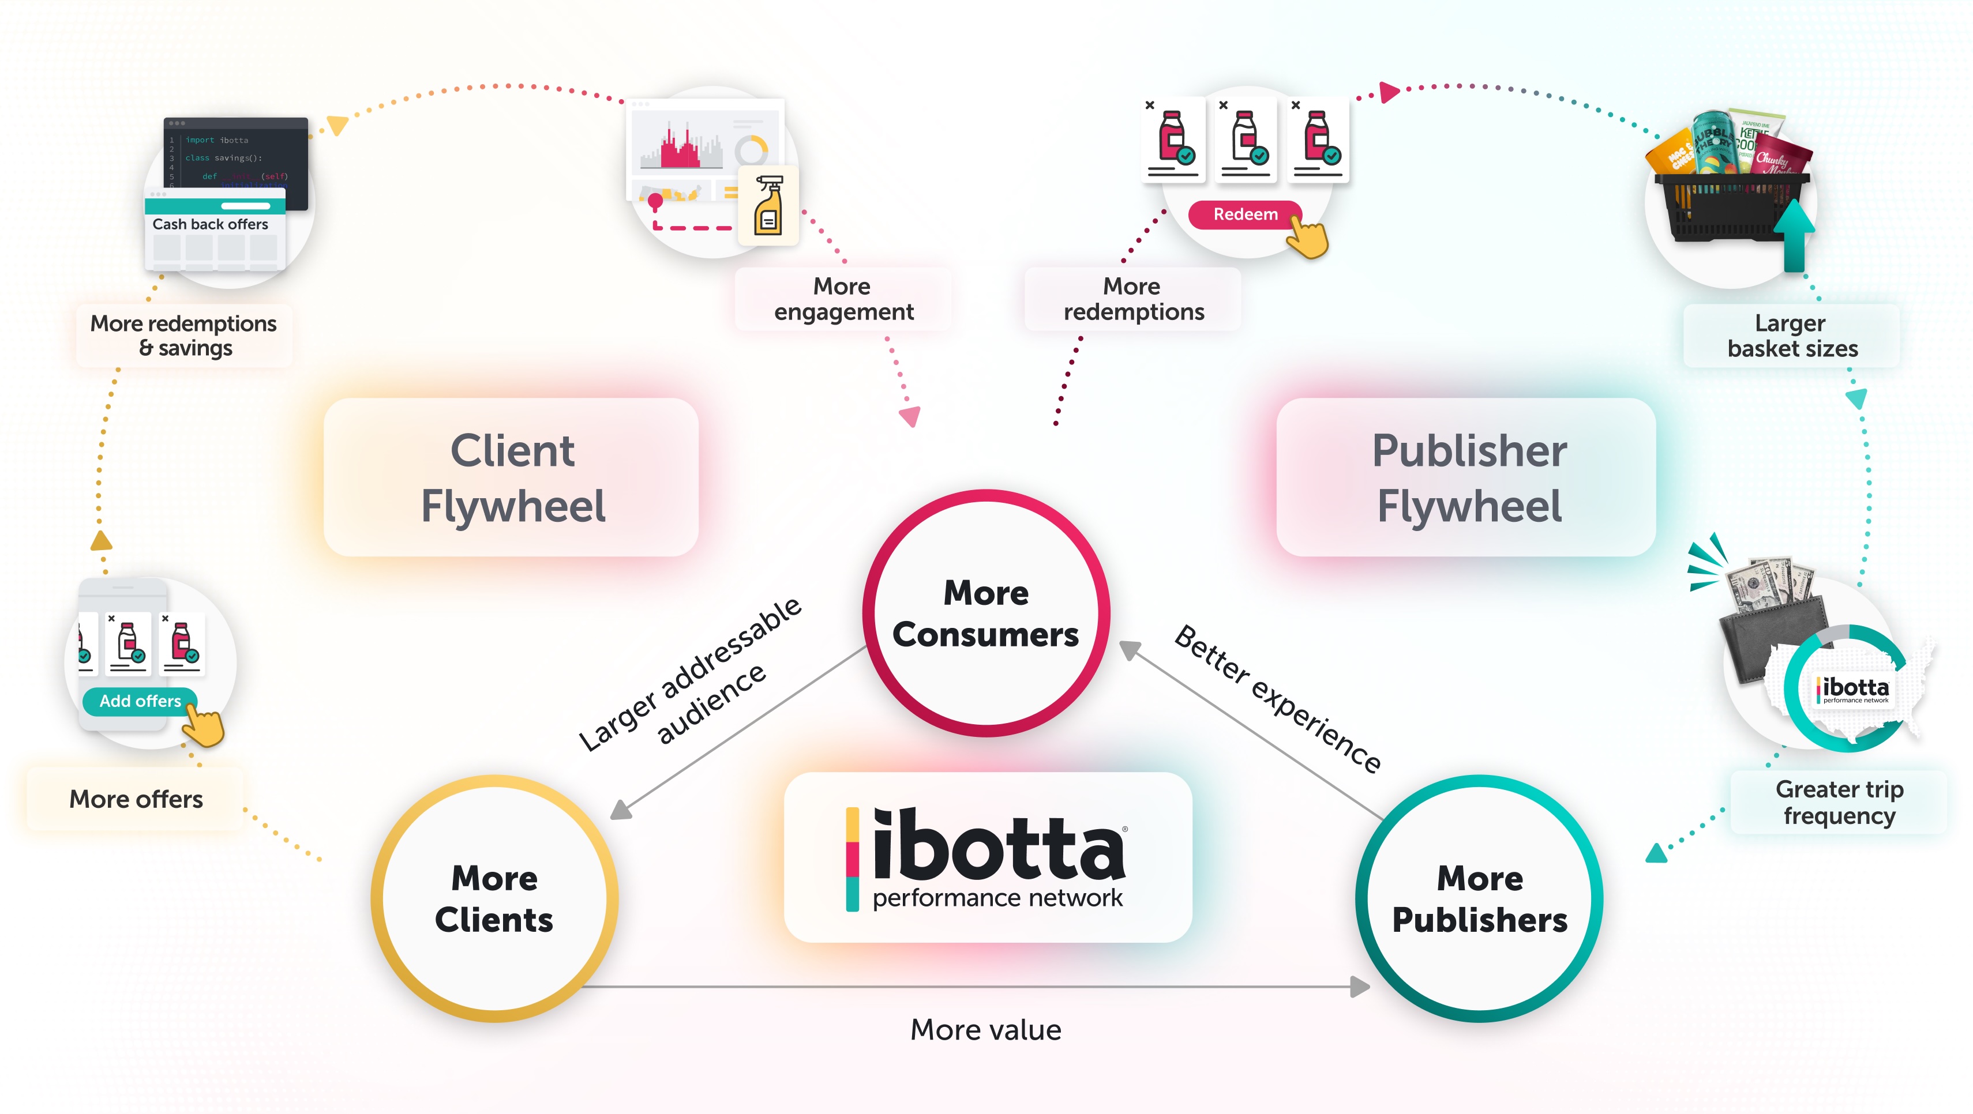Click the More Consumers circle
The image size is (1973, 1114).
986,614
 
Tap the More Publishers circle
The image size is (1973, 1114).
1479,898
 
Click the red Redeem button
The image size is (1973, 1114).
1244,214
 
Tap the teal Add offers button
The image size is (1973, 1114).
140,701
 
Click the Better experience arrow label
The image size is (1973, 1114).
1278,698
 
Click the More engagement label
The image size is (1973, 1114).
842,299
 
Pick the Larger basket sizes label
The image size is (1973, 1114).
1791,336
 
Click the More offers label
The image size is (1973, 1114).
136,799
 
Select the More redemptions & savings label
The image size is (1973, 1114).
184,336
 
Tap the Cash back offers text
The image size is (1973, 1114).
210,224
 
